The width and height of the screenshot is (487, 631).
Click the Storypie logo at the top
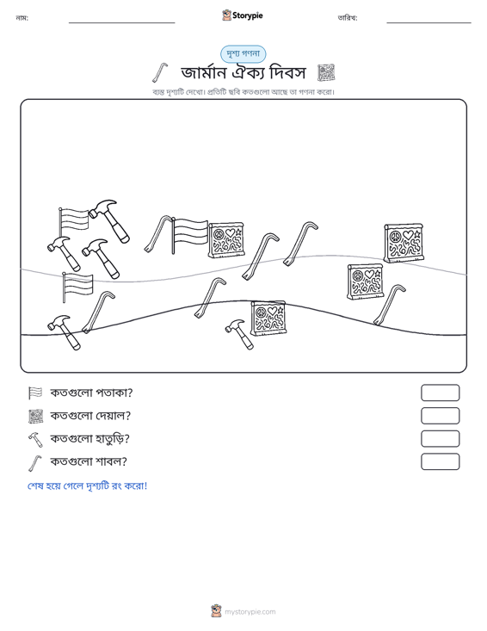(x=242, y=15)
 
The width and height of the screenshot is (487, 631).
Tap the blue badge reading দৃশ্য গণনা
(x=243, y=54)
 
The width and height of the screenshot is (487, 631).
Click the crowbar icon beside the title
(x=160, y=72)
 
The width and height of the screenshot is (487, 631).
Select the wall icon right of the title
(x=326, y=73)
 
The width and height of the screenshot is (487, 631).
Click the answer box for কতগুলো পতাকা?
(x=440, y=393)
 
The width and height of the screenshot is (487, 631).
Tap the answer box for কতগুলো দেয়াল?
(x=440, y=416)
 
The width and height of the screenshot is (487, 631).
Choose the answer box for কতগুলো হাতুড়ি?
(x=440, y=439)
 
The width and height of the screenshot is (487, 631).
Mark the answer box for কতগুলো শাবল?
(x=440, y=461)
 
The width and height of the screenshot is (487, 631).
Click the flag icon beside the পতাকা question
(x=35, y=393)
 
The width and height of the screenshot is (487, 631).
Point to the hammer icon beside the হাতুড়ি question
(x=35, y=439)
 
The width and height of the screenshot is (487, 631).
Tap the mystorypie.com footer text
(x=250, y=612)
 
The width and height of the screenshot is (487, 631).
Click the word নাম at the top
(x=22, y=18)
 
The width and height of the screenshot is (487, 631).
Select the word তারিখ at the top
(x=347, y=18)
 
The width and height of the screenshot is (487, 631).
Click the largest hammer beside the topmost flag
(x=109, y=220)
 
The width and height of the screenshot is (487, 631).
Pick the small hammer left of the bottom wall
(x=240, y=334)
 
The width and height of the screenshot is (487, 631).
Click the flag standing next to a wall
(x=189, y=235)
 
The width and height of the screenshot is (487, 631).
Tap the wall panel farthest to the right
(x=404, y=243)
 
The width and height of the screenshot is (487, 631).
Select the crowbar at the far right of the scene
(x=389, y=305)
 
